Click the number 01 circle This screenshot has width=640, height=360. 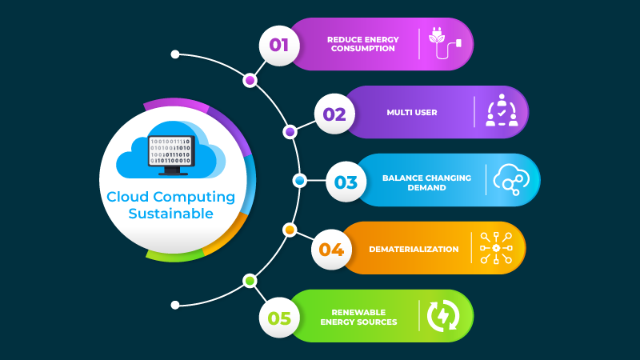(279, 45)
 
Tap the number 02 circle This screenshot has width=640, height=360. (334, 114)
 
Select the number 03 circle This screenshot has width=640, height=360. (346, 182)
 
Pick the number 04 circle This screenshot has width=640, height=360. (331, 249)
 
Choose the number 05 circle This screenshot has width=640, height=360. (279, 318)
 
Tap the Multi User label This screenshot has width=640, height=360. (412, 113)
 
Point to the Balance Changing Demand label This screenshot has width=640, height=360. (426, 182)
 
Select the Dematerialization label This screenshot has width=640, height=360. (414, 249)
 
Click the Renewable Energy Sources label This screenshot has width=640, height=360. (358, 317)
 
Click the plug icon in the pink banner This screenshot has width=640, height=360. (446, 44)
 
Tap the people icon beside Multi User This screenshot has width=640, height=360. (502, 112)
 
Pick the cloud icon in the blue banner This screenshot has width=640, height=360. (512, 180)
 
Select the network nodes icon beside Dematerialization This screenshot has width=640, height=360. (496, 248)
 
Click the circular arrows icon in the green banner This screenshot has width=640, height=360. (442, 316)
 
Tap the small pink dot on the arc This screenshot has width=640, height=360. (250, 80)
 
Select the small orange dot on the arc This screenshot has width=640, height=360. (290, 230)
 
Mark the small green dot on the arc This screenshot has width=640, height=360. (250, 281)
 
